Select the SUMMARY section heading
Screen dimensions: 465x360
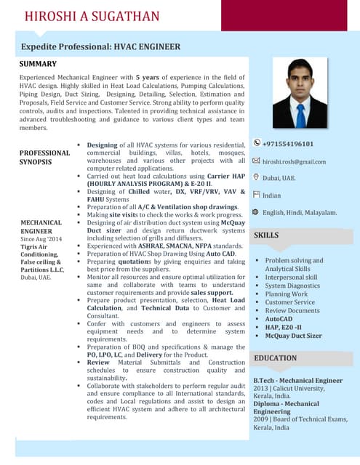[x=38, y=64]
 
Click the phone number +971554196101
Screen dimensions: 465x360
[x=288, y=144]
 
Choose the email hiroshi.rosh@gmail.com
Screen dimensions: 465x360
[x=295, y=161]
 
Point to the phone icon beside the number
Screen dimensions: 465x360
[x=256, y=144]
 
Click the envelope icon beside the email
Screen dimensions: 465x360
[x=256, y=161]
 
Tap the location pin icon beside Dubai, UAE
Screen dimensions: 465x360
[x=256, y=177]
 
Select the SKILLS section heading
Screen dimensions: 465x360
[x=266, y=235]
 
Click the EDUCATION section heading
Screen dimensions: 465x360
[x=275, y=358]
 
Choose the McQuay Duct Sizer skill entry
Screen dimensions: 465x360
[x=293, y=336]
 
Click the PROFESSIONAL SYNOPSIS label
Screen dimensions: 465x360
[x=45, y=158]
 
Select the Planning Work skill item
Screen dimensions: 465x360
[x=287, y=294]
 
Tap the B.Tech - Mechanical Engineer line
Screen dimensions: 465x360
[x=297, y=380]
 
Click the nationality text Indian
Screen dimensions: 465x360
[x=272, y=195]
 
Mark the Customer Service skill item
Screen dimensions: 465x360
[x=290, y=302]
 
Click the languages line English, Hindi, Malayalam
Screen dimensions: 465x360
[x=300, y=213]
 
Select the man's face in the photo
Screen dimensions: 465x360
[x=300, y=81]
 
